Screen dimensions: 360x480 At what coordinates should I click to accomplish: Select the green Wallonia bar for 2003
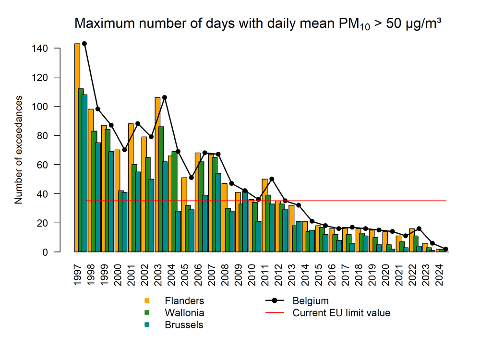(161, 189)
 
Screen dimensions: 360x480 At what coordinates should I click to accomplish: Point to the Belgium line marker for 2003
(165, 97)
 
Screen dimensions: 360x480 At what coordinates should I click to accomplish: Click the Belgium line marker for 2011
(272, 179)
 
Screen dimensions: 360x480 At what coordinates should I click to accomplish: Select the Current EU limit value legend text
(341, 313)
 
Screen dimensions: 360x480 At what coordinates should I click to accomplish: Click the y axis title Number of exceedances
(19, 150)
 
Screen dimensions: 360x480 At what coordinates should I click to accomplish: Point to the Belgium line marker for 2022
(419, 228)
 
